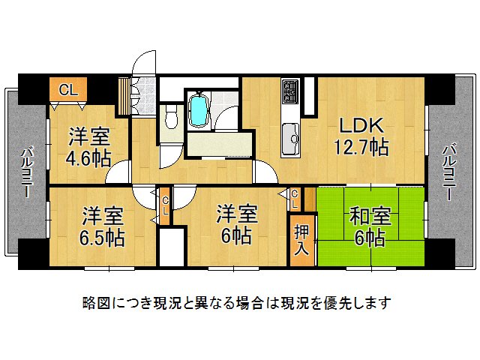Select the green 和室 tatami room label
click(x=370, y=217)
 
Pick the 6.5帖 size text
click(x=103, y=238)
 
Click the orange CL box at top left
click(x=67, y=90)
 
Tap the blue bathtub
click(x=199, y=110)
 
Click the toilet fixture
click(x=170, y=116)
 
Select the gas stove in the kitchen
click(x=290, y=94)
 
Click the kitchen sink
click(x=289, y=136)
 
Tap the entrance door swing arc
click(x=142, y=63)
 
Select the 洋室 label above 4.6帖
click(x=90, y=137)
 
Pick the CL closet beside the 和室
click(x=295, y=199)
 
